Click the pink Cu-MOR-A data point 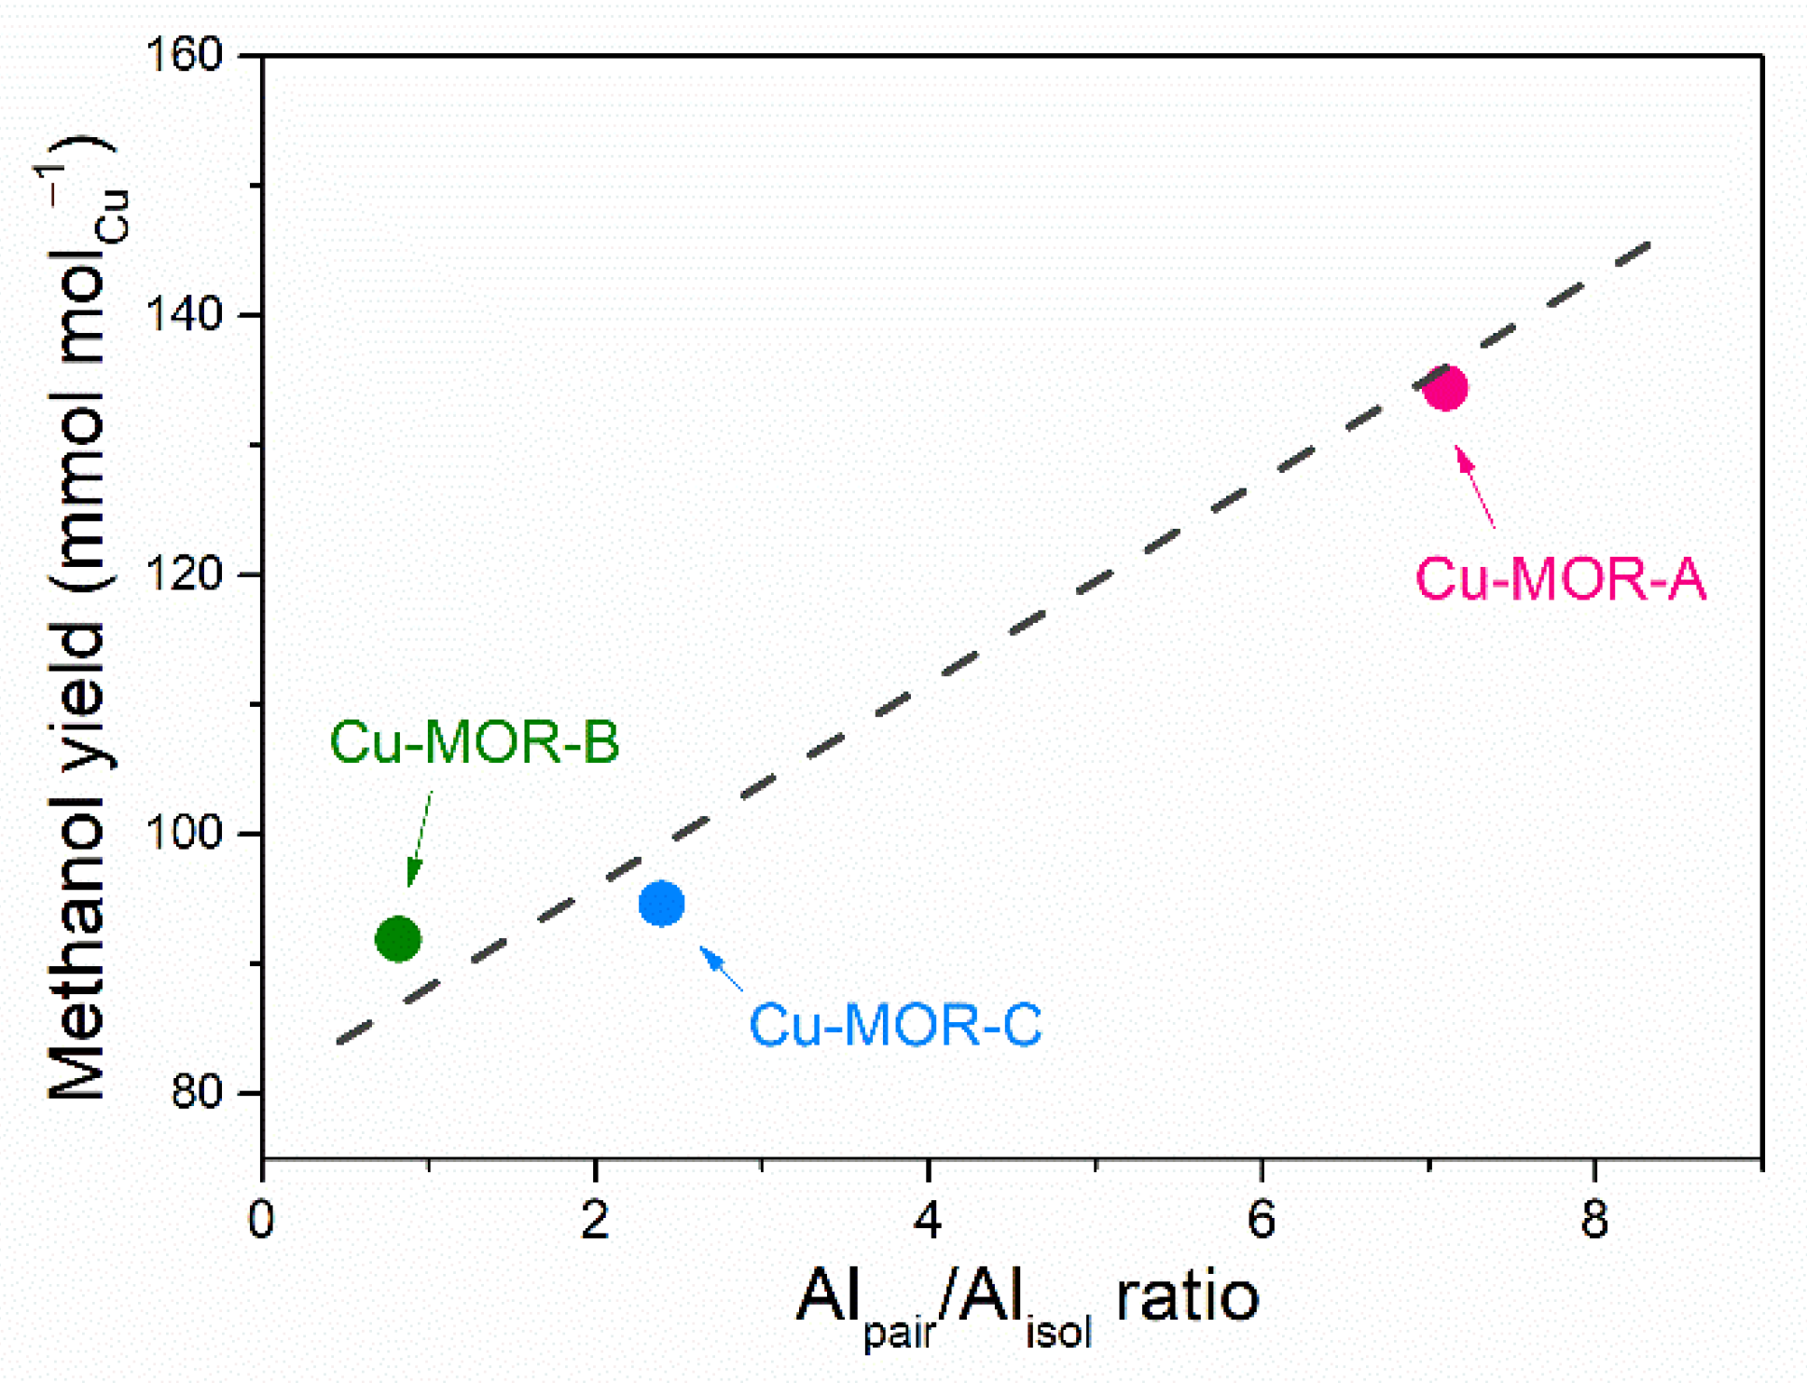(1444, 386)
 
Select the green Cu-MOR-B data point (398, 938)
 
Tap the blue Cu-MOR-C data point (661, 903)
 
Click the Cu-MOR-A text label (1561, 579)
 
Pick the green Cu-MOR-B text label (475, 743)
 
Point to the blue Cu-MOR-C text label (895, 1025)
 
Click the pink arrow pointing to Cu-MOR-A (1474, 487)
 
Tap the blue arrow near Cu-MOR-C (721, 968)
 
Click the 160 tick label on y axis (186, 55)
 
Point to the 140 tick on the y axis (186, 314)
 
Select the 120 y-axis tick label (186, 574)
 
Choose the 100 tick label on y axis (186, 833)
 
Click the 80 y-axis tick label (197, 1092)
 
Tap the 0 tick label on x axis (262, 1220)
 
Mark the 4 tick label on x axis (928, 1220)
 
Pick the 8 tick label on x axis (1594, 1220)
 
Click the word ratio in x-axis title (1187, 1296)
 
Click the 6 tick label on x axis (1261, 1220)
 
